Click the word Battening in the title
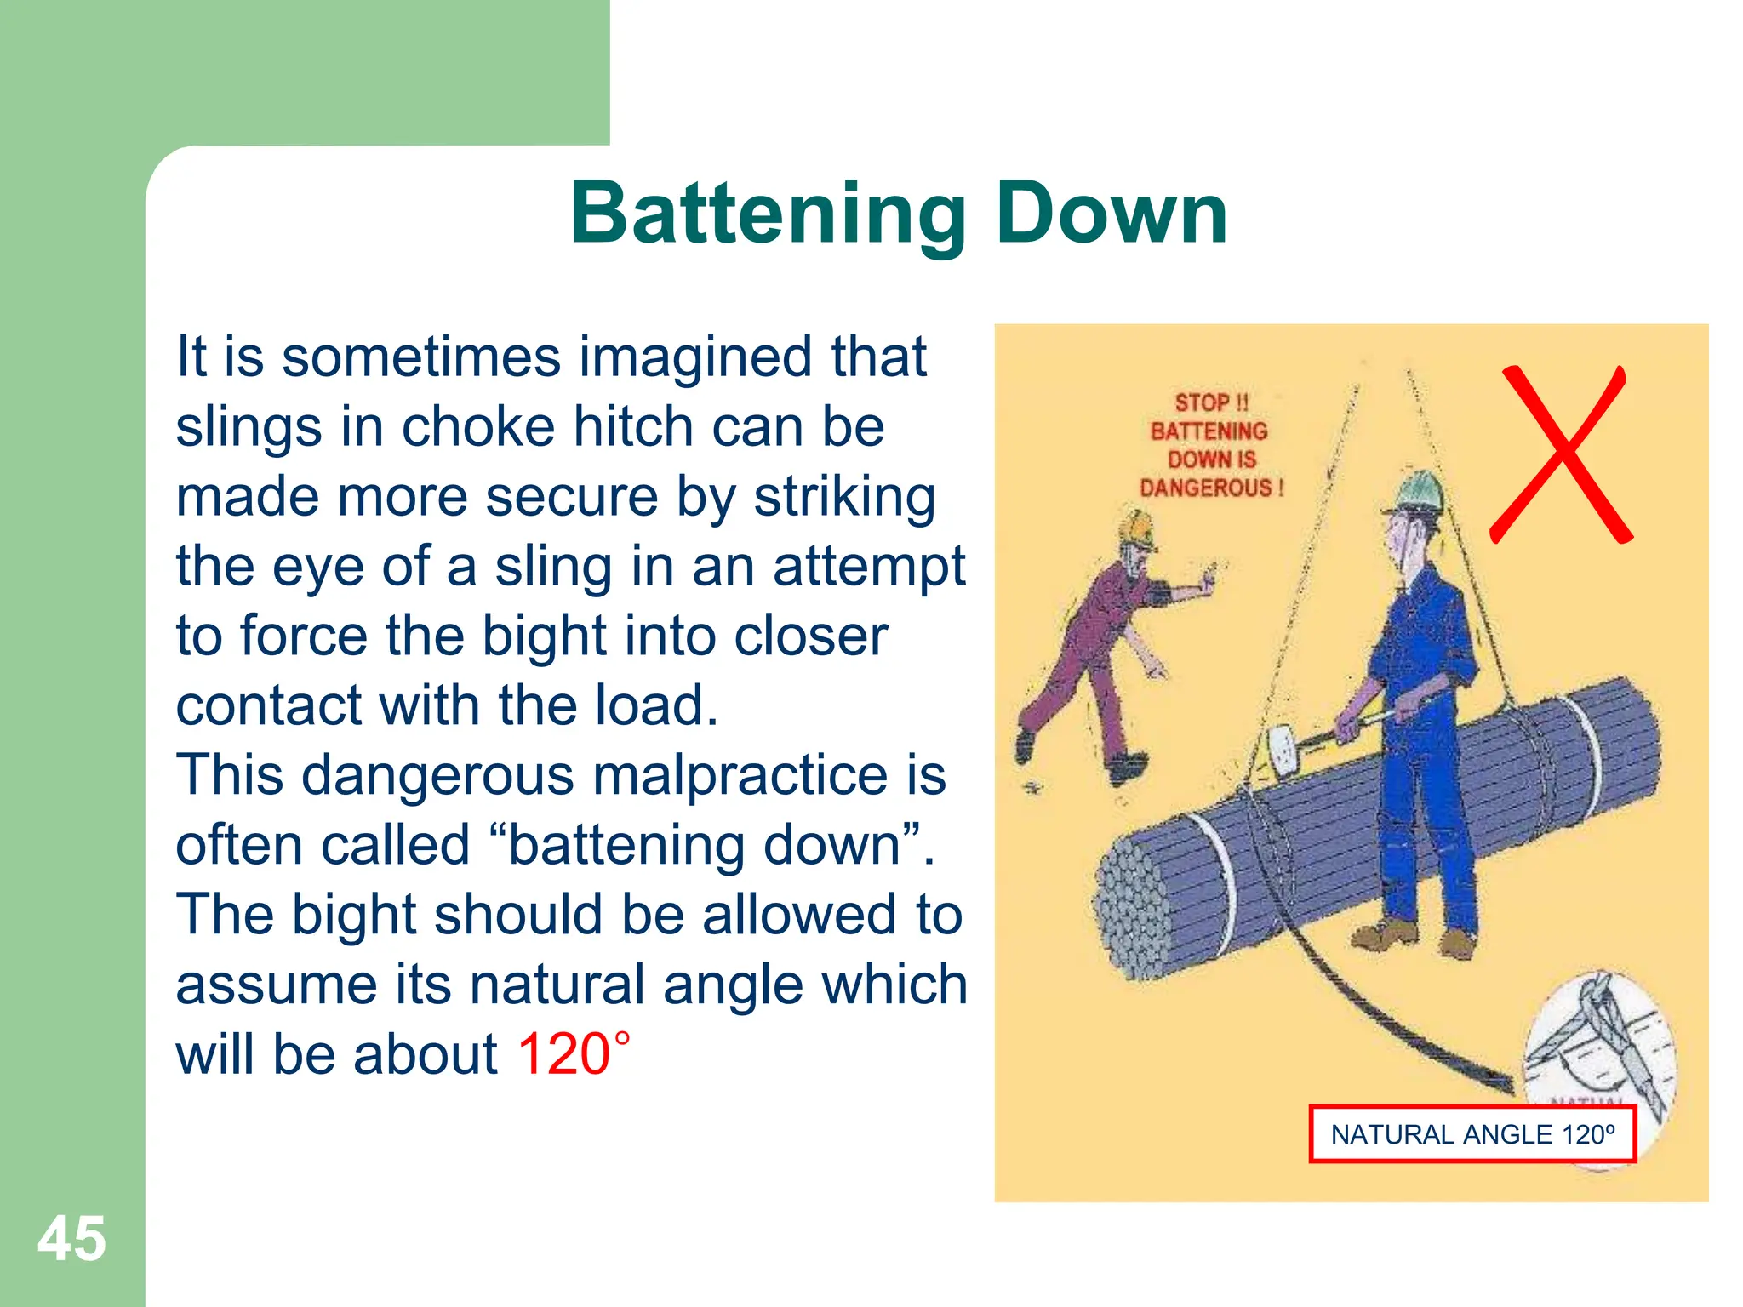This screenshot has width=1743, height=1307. [x=767, y=214]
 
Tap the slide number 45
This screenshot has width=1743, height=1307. [x=71, y=1239]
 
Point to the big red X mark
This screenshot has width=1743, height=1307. [x=1562, y=455]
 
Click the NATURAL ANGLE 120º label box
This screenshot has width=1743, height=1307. [x=1472, y=1134]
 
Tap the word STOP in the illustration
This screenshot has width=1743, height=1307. [x=1201, y=402]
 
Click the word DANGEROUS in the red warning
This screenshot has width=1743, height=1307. [x=1206, y=488]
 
